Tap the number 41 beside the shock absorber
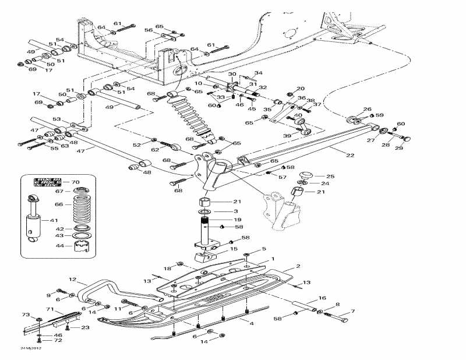54,221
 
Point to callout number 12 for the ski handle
73,279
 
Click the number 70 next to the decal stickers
75,182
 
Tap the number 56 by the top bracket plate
149,30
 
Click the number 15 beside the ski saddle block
234,249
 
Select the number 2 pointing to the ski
298,266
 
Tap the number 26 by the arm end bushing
367,110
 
